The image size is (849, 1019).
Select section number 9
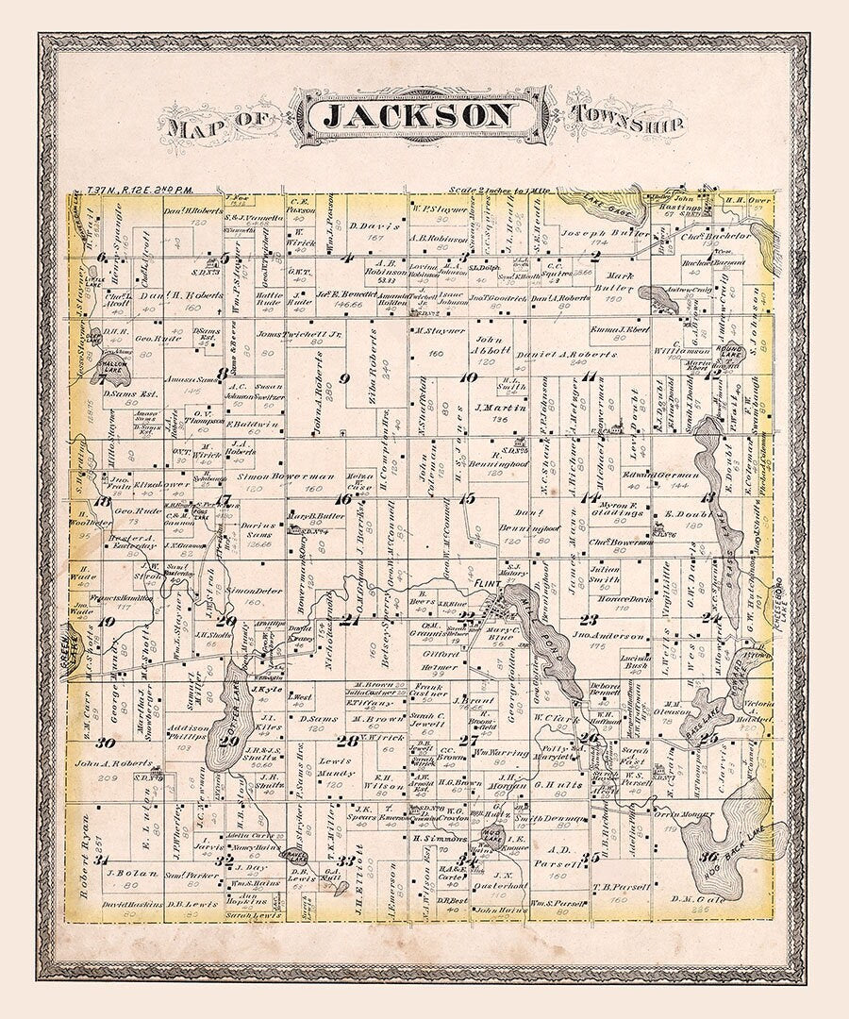point(345,379)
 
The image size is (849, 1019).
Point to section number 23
point(590,620)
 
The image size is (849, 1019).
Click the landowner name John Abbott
point(490,343)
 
